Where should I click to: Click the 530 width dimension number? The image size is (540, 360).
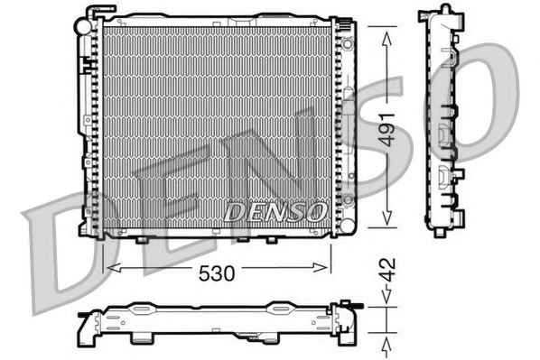[x=217, y=273]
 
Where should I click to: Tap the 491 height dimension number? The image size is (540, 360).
[x=387, y=129]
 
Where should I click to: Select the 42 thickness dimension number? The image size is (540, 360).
[x=387, y=270]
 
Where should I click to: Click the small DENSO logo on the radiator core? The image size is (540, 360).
[x=275, y=212]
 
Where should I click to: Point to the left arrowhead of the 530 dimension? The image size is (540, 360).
[x=114, y=267]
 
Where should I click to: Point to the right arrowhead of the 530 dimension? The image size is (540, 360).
[x=320, y=267]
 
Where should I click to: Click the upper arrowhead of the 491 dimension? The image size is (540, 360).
[x=387, y=39]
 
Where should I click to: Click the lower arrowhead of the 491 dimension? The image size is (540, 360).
[x=387, y=217]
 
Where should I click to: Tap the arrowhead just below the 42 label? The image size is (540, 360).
[x=387, y=297]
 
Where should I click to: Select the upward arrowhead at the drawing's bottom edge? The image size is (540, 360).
[x=387, y=346]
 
